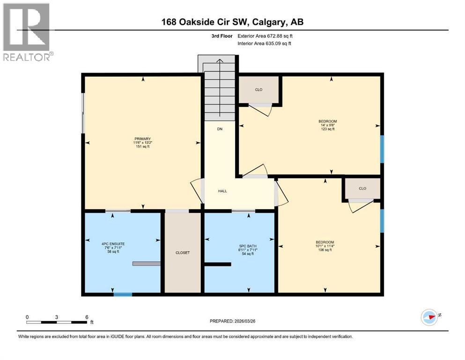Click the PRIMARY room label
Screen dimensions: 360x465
click(142, 139)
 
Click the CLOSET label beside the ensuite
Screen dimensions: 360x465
click(182, 253)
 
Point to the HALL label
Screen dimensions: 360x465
click(222, 191)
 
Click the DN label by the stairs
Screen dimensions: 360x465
click(219, 129)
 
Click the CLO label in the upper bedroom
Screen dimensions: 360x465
click(258, 89)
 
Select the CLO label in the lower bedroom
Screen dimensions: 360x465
click(362, 188)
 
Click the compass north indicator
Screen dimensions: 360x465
click(429, 317)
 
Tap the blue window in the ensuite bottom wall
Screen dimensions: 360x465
click(123, 294)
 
